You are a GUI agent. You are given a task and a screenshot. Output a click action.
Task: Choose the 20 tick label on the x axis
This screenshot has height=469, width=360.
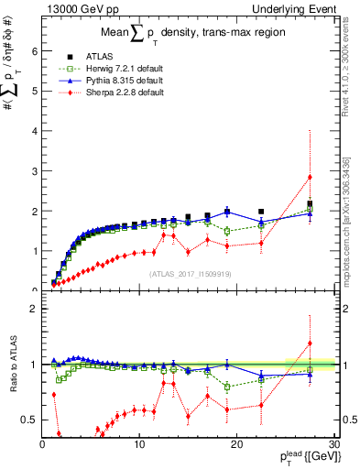pos(235,443)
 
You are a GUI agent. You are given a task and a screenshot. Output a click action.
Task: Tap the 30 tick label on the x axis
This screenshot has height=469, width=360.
pos(333,443)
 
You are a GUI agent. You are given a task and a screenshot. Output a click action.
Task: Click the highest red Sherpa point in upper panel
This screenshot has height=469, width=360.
pos(311,177)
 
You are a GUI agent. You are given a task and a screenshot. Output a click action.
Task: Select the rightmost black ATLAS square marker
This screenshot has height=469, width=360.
pos(311,203)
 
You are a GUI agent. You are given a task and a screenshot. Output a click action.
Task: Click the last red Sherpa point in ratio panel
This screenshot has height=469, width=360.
pos(311,344)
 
